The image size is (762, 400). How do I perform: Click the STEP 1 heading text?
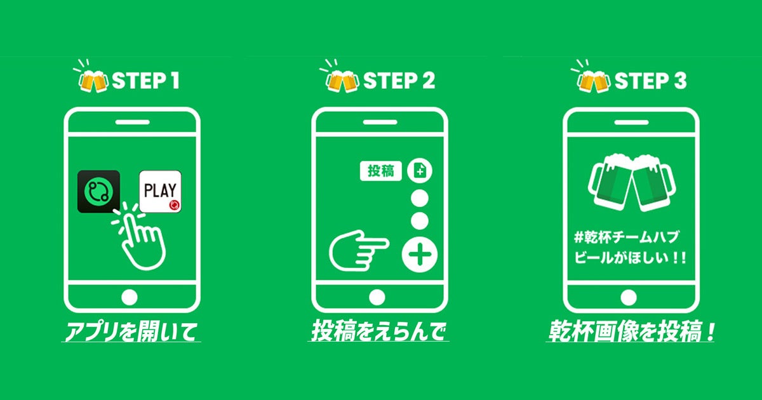145,81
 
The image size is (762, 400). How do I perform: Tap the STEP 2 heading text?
399,81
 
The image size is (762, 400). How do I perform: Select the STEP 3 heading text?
650,81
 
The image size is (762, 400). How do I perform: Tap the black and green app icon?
98,192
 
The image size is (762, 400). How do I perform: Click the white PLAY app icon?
160,192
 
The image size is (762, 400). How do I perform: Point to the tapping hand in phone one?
141,238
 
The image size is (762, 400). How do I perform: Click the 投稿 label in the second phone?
380,171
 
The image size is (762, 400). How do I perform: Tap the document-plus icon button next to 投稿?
420,171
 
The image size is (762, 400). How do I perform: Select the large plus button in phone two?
420,255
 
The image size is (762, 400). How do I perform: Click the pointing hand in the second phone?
359,250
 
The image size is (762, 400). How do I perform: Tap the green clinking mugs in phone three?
632,182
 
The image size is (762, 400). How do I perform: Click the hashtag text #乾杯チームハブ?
626,237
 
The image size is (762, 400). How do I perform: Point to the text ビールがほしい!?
630,258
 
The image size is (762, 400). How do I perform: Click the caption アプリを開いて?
131,331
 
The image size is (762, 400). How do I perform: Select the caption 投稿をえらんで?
378,331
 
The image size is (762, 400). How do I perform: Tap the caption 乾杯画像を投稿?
631,331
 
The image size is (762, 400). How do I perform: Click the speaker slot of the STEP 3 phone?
632,122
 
